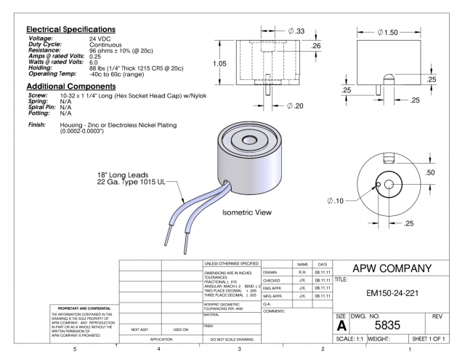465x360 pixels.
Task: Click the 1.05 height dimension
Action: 210,63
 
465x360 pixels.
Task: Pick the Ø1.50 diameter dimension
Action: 392,33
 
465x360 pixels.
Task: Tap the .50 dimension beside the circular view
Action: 430,172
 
